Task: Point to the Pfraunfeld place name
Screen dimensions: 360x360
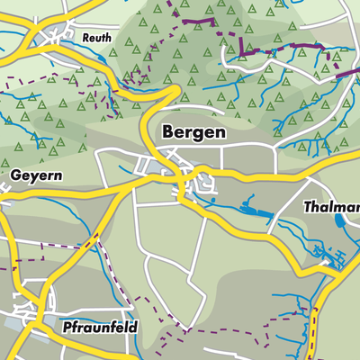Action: [x=100, y=328]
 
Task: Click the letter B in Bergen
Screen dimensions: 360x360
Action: [x=167, y=131]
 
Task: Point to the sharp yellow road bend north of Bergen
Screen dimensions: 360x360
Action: [x=171, y=90]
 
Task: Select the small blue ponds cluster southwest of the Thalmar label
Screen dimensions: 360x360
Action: [x=320, y=256]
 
